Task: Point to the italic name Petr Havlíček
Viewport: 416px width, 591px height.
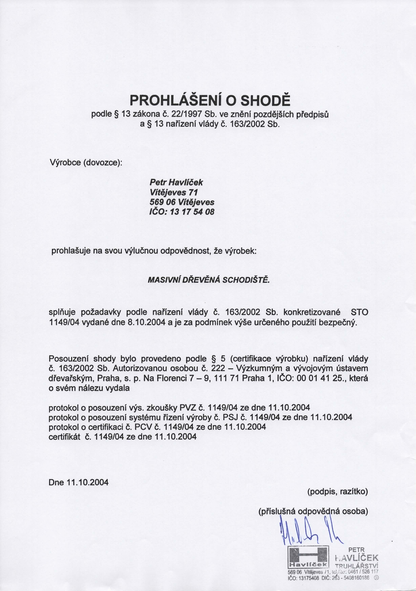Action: tap(176, 182)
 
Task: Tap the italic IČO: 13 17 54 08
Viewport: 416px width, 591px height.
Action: tap(182, 212)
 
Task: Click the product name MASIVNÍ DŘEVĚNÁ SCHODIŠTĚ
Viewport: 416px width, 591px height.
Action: tap(209, 280)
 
